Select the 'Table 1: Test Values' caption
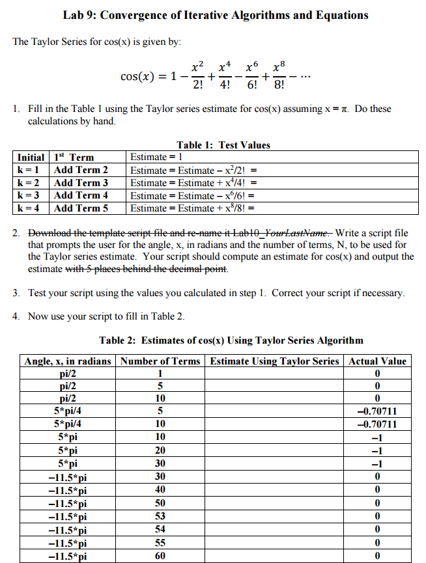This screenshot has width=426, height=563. click(223, 144)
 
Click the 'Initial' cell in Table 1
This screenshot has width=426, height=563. click(31, 158)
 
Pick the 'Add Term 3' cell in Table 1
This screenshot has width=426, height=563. click(81, 182)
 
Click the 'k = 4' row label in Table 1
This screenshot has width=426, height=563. click(29, 208)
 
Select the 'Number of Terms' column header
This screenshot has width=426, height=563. click(161, 361)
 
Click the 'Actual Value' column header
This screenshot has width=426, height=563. click(377, 361)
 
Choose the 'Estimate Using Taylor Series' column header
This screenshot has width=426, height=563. click(274, 361)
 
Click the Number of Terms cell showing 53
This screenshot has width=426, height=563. click(160, 516)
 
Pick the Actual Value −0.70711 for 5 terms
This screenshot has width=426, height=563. click(377, 411)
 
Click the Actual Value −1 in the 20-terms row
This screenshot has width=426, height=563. click(377, 450)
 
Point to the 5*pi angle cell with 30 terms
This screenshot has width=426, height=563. click(68, 463)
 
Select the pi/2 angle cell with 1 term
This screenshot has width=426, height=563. click(68, 373)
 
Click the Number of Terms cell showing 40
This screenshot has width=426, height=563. click(160, 489)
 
